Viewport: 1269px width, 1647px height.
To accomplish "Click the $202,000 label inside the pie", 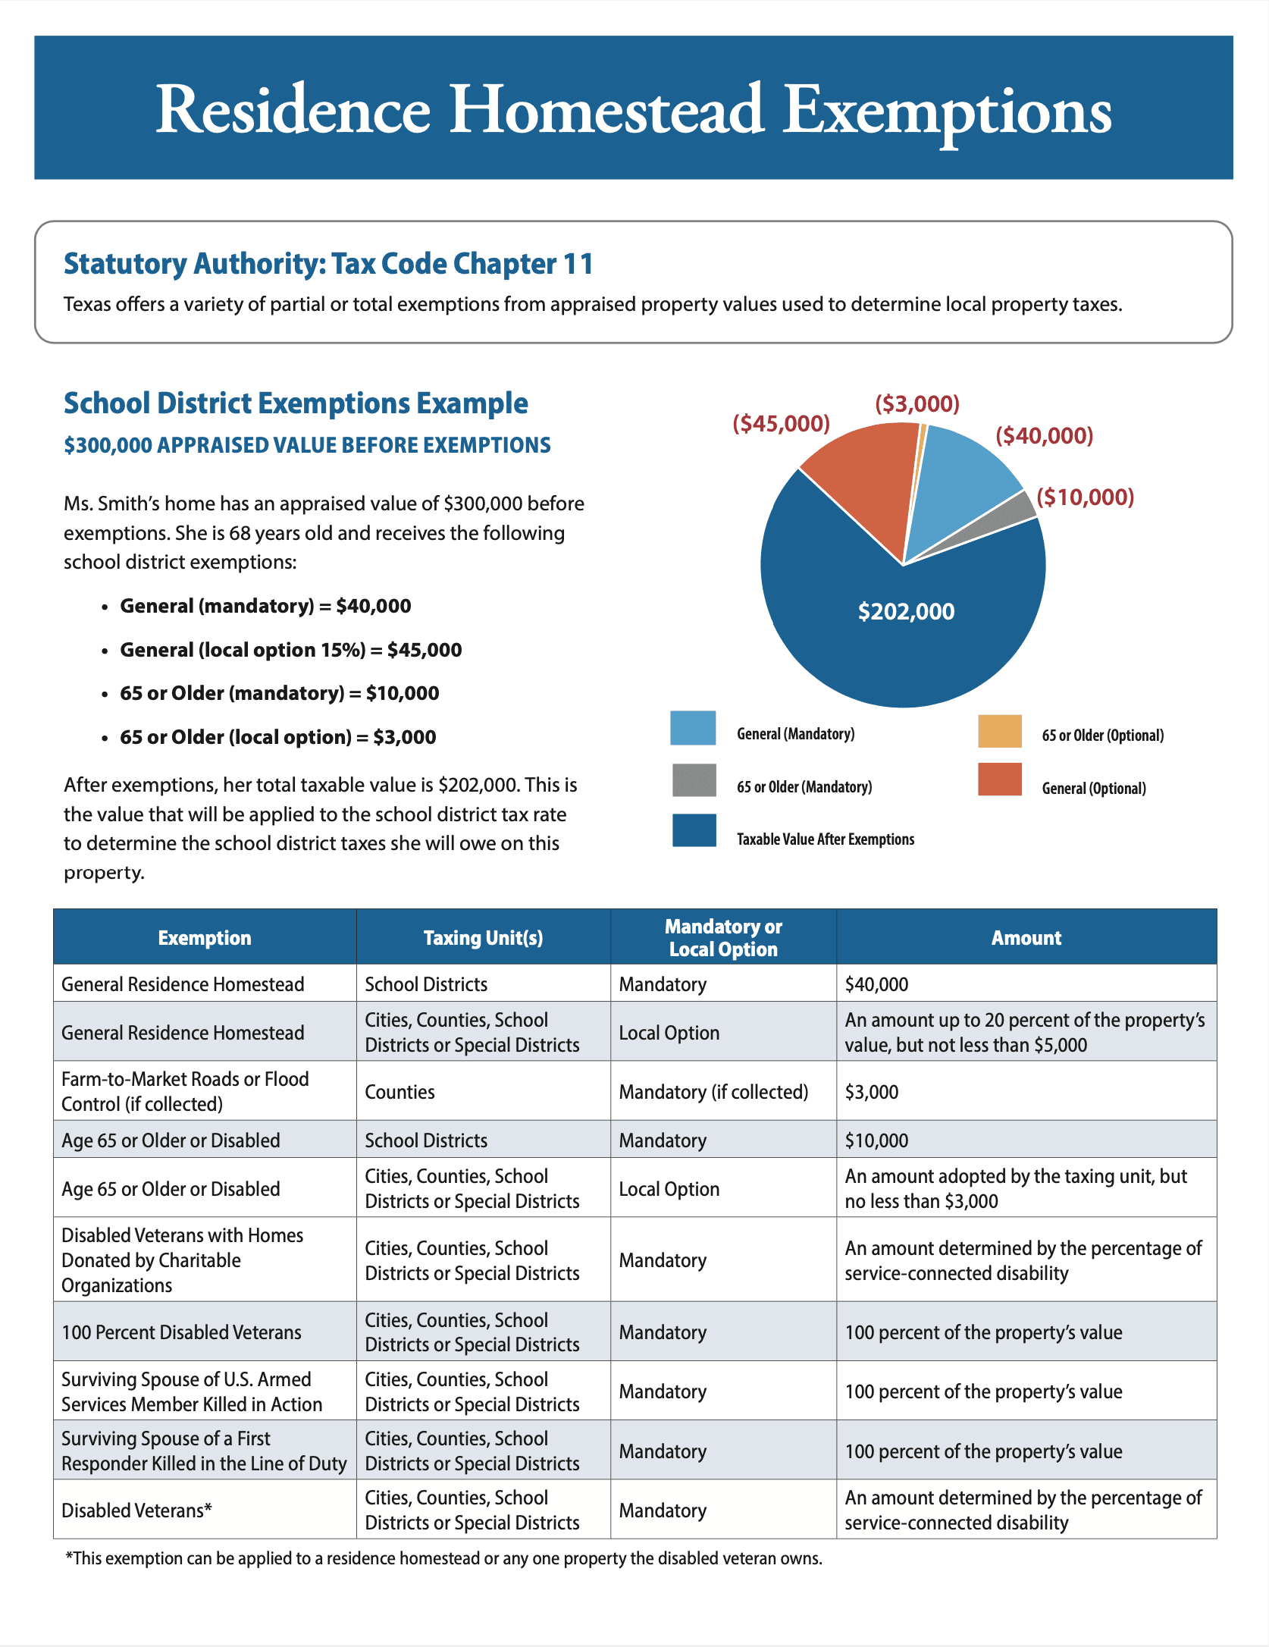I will point(906,611).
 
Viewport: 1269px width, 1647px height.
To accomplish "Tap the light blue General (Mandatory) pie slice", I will point(963,478).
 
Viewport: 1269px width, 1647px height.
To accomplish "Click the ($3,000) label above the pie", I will point(917,403).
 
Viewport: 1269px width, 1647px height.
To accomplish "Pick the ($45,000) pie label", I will point(781,423).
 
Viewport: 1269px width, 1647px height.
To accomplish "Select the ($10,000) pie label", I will point(1085,497).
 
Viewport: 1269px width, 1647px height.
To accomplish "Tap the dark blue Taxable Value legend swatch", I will point(694,830).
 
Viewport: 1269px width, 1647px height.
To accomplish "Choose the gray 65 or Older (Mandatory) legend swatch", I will point(694,780).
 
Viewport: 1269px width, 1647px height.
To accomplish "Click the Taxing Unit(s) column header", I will point(483,938).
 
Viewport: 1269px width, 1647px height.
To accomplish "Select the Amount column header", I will point(1026,938).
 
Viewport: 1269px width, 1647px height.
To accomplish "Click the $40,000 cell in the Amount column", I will point(876,984).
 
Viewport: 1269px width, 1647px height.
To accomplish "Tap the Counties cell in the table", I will point(399,1092).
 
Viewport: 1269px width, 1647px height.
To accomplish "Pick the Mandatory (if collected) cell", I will point(713,1092).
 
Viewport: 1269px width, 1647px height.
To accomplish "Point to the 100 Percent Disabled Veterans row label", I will point(181,1332).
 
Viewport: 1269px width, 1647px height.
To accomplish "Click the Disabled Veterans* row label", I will point(136,1511).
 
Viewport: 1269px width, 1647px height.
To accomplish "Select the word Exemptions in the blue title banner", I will point(947,111).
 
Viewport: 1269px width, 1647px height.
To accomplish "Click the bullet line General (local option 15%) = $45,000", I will point(290,650).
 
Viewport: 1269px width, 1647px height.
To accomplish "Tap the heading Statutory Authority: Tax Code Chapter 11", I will point(328,264).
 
